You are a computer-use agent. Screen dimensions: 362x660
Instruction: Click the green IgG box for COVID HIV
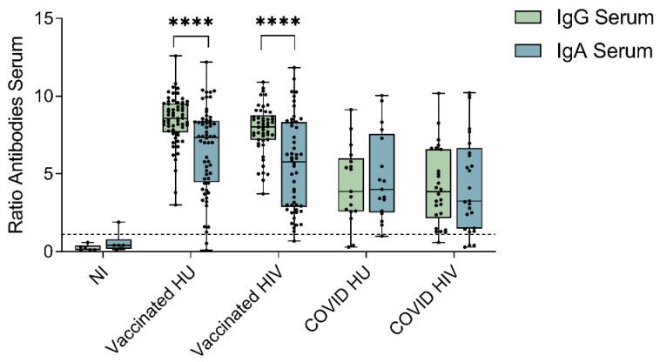(x=438, y=184)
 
